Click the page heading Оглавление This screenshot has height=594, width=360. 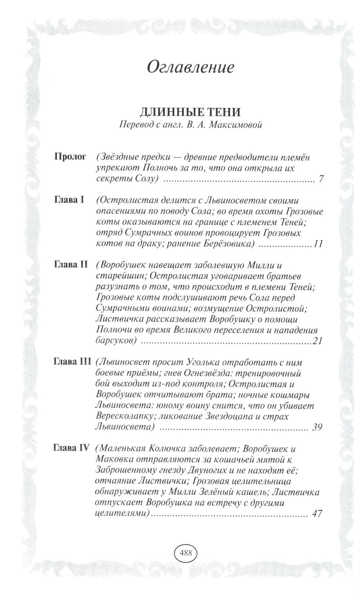pyautogui.click(x=190, y=67)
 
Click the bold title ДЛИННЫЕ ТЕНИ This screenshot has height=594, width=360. pyautogui.click(x=190, y=112)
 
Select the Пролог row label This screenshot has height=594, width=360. pyautogui.click(x=71, y=157)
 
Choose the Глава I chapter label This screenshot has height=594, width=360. pyautogui.click(x=69, y=200)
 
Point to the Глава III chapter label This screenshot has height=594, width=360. pyautogui.click(x=72, y=361)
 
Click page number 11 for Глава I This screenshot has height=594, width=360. pyautogui.click(x=318, y=244)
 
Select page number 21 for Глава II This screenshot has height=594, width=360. pyautogui.click(x=317, y=341)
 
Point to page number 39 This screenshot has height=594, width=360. pyautogui.click(x=317, y=427)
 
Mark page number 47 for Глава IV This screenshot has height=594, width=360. pyautogui.click(x=317, y=514)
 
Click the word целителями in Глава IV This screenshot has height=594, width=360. pyautogui.click(x=122, y=514)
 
